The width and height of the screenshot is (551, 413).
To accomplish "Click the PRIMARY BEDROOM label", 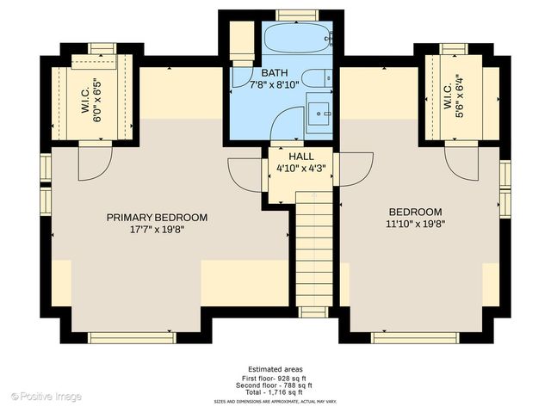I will pos(157,218).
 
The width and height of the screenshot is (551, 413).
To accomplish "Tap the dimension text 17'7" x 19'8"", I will pos(157,230).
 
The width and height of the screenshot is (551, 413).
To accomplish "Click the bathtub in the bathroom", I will pos(295,39).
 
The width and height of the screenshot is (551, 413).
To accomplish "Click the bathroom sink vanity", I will pos(320,113).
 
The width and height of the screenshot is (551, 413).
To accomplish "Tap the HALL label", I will pos(300,157).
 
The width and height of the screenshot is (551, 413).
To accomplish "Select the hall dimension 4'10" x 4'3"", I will pos(300,169).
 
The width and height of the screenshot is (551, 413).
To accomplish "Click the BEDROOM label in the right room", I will pos(415,212).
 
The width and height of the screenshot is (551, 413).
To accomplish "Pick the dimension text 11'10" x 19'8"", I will pos(415,224).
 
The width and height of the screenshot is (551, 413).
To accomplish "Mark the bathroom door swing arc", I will pos(284,129).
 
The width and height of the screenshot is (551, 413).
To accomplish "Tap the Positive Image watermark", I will pos(46,396).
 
